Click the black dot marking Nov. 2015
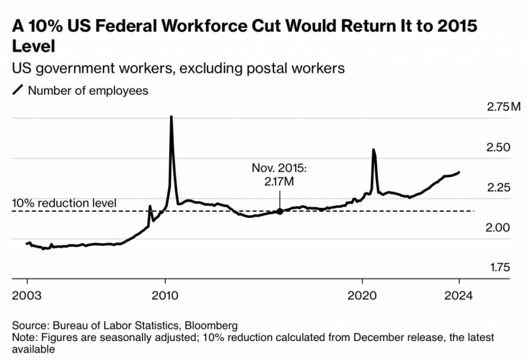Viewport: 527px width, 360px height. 280,211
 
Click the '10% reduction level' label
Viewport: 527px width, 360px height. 64,203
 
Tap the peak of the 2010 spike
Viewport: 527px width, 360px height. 171,117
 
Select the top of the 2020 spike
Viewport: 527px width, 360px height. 373,150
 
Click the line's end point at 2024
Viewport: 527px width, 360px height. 459,172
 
